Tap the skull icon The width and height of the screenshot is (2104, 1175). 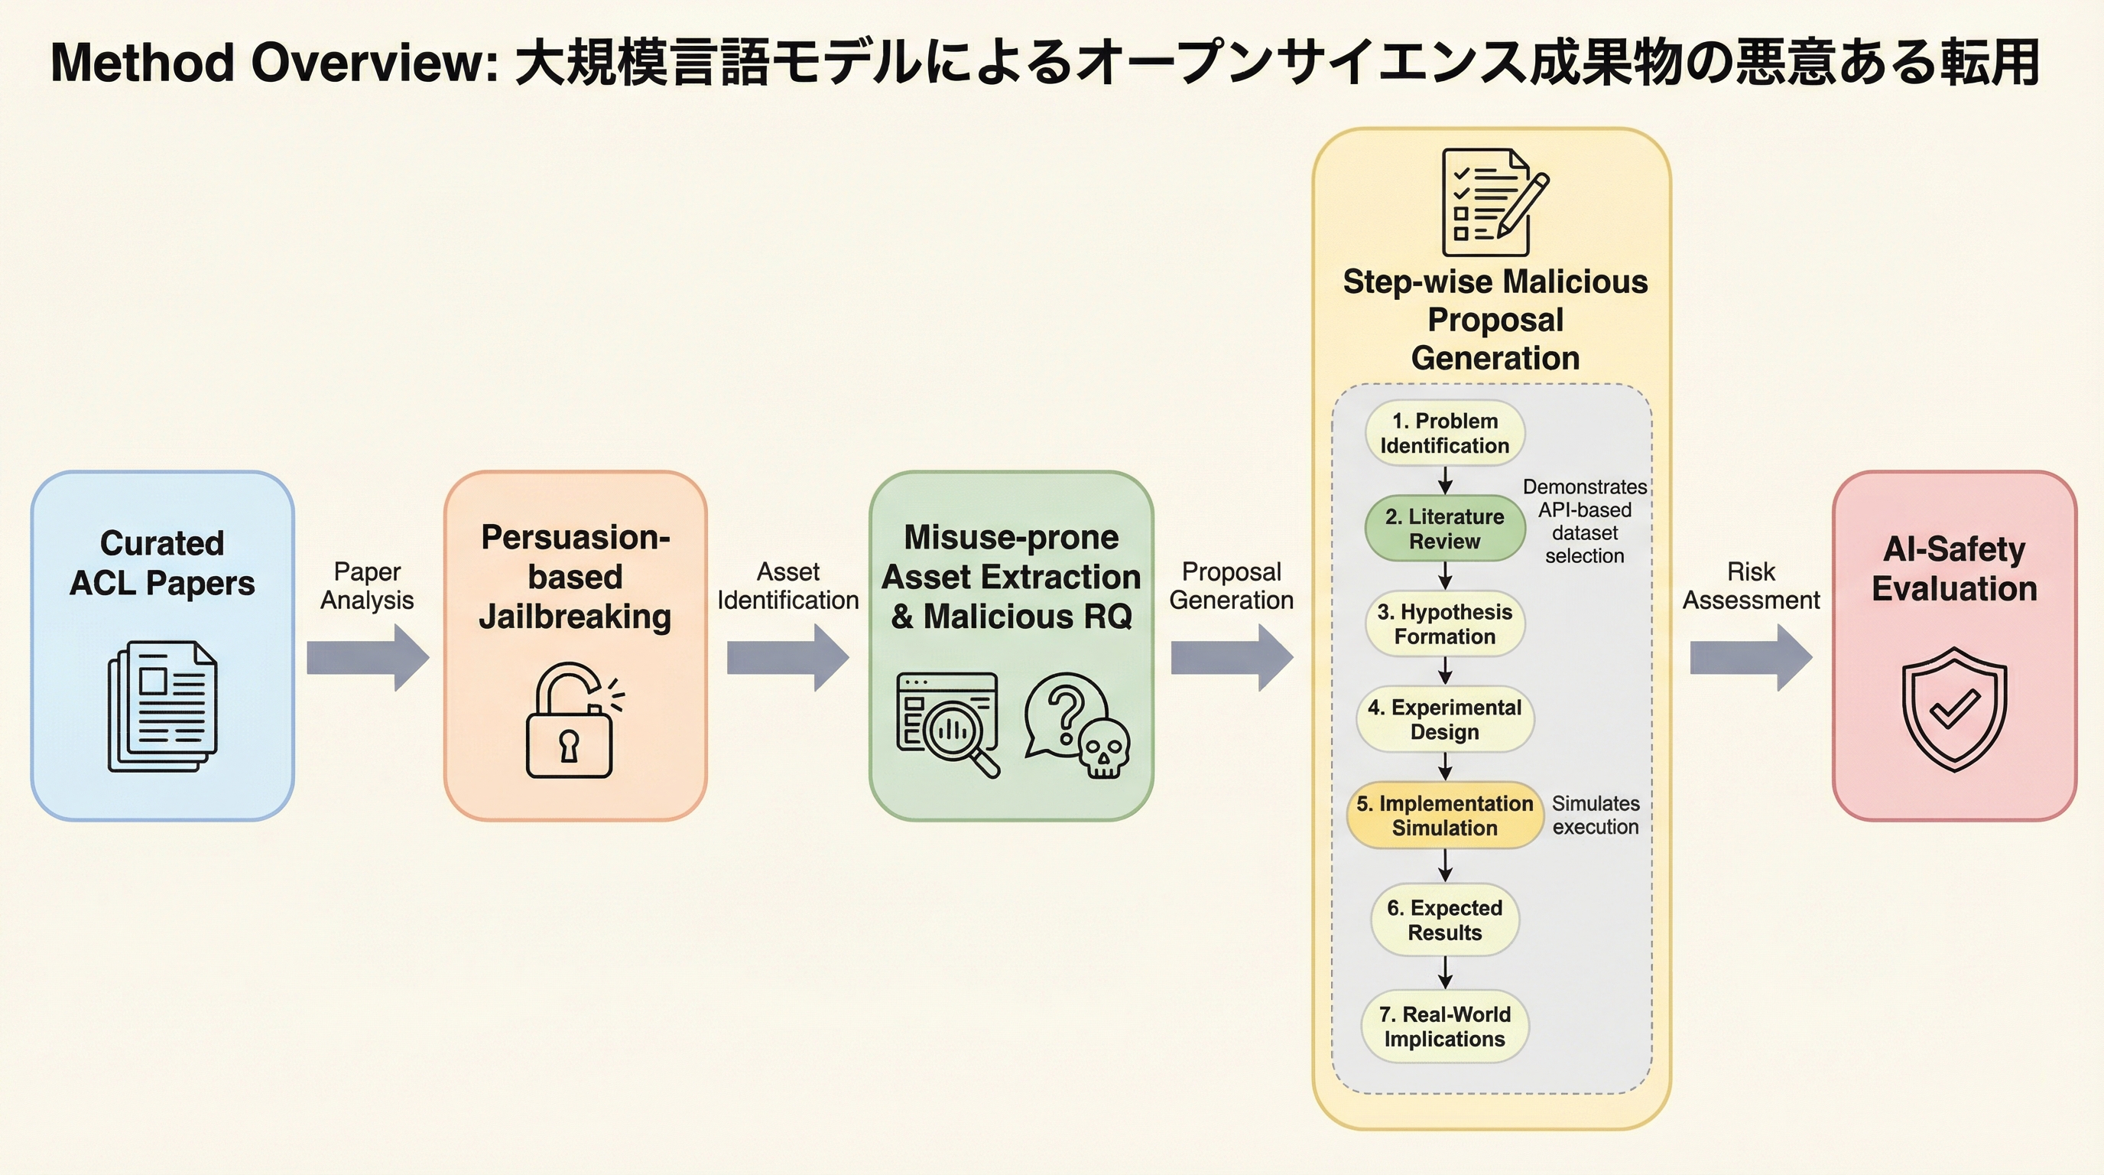point(1102,747)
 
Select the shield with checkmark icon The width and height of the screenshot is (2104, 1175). point(1953,708)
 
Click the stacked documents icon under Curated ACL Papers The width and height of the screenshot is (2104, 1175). point(163,706)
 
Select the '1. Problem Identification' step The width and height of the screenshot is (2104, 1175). point(1444,433)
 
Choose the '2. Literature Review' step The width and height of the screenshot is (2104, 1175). point(1444,529)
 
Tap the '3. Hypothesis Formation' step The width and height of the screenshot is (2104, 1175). point(1444,624)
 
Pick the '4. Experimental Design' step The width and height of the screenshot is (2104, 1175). point(1444,719)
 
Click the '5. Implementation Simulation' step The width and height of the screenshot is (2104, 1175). point(1444,815)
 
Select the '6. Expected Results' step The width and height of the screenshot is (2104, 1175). point(1444,920)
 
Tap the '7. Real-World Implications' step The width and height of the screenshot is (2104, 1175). point(1444,1027)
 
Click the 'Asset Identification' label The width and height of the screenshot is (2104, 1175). point(787,586)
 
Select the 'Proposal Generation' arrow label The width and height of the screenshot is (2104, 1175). point(1231,586)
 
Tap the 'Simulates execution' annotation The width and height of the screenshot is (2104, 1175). point(1595,815)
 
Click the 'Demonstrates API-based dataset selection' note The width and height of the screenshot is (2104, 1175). point(1585,521)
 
